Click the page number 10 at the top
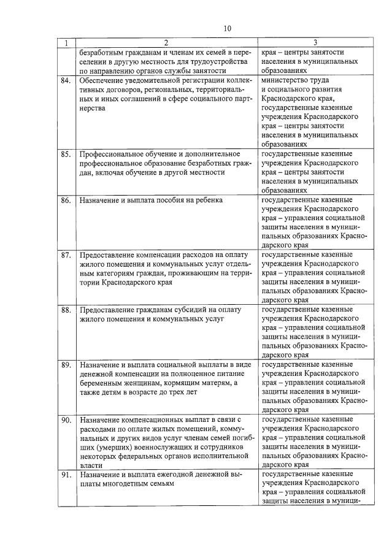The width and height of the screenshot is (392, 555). [x=228, y=28]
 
